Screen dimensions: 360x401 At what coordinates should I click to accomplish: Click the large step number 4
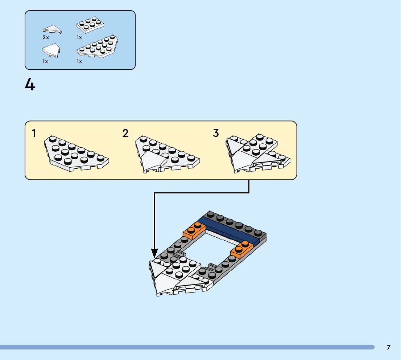pyautogui.click(x=30, y=85)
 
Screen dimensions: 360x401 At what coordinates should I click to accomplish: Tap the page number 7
pyautogui.click(x=388, y=347)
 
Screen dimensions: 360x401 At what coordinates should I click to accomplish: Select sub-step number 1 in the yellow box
pyautogui.click(x=34, y=134)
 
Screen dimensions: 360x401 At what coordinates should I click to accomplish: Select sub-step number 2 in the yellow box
pyautogui.click(x=125, y=133)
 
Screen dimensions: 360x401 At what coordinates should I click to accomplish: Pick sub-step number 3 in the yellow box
pyautogui.click(x=216, y=133)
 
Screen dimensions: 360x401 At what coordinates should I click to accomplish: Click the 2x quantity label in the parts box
pyautogui.click(x=45, y=37)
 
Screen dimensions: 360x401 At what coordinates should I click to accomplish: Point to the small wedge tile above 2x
pyautogui.click(x=52, y=29)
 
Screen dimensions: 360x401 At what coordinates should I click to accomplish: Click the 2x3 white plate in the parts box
pyautogui.click(x=90, y=25)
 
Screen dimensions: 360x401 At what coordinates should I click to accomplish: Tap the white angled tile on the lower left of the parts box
pyautogui.click(x=50, y=50)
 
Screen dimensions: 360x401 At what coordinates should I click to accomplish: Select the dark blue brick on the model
pyautogui.click(x=232, y=230)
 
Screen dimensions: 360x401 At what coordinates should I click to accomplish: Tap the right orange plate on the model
pyautogui.click(x=242, y=249)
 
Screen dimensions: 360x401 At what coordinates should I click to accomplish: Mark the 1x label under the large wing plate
pyautogui.click(x=79, y=61)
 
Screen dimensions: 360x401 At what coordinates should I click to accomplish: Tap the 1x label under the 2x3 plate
pyautogui.click(x=79, y=37)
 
